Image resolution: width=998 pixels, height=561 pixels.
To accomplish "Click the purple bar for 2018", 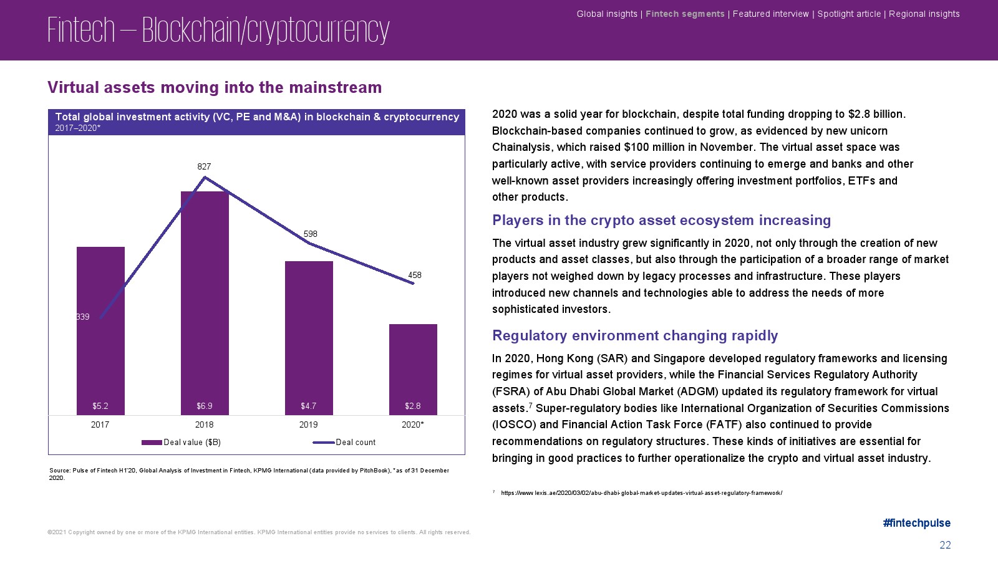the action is pos(205,303).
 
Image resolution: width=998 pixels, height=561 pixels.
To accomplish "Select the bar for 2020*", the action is pos(413,370).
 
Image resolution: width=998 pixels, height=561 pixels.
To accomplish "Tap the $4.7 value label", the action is pos(308,406).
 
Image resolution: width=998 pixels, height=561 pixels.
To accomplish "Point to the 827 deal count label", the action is pos(204,166).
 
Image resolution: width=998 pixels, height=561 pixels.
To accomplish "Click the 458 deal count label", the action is pos(415,275).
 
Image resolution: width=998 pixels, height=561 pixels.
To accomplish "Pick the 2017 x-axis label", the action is pos(100,424).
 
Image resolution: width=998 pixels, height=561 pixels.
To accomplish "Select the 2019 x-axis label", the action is pos(308,424).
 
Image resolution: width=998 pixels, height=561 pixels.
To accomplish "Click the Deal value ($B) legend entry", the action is pos(182,442).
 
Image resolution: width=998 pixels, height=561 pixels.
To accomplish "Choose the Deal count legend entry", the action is pos(344,442).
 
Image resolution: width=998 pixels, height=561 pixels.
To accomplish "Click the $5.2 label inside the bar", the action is pos(100,406).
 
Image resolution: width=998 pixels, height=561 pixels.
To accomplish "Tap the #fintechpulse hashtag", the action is pos(916,523).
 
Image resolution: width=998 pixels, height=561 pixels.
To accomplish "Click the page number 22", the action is pos(945,545).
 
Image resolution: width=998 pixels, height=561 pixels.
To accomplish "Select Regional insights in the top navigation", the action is pos(924,14).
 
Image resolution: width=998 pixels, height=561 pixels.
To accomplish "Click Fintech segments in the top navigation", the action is pos(685,14).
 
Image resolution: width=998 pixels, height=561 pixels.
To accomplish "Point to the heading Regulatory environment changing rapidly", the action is pos(635,335).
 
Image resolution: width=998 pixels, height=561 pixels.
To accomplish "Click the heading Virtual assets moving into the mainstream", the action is pos(215,87).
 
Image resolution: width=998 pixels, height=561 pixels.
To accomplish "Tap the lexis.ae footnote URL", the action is pos(642,493).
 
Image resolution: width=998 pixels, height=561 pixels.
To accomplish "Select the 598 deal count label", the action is pos(310,234).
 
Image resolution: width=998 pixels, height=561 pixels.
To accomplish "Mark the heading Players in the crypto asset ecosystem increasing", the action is pos(661,221).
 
